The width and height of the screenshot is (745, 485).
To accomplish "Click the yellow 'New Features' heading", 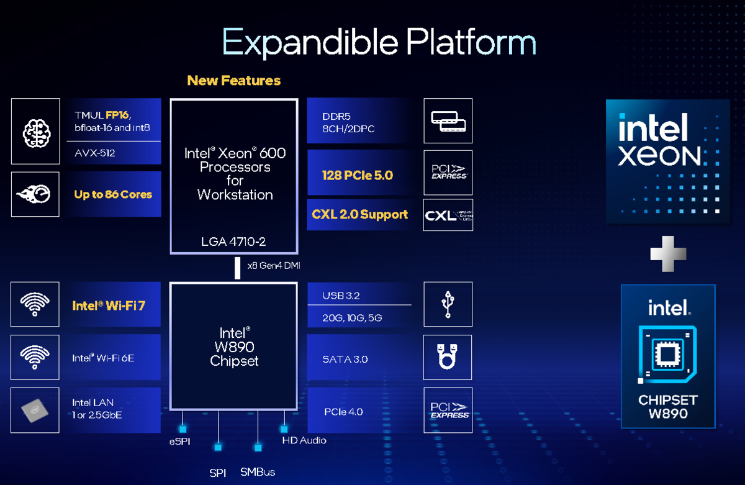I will (233, 81).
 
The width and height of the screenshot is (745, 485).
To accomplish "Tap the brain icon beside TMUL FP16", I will (35, 131).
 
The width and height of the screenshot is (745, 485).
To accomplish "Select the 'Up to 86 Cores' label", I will (113, 194).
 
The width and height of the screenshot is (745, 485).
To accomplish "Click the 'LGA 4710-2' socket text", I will (233, 241).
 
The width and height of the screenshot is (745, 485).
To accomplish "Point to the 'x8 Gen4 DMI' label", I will (274, 266).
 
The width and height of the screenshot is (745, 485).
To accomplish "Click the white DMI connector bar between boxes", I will (237, 268).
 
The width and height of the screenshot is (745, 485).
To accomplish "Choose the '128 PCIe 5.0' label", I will (358, 175).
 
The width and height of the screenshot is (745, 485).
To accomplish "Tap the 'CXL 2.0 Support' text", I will (360, 214).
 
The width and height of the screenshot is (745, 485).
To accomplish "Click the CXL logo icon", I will (448, 215).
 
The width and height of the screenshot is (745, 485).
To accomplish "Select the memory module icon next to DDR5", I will (448, 121).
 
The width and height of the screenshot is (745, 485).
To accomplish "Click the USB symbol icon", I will (448, 304).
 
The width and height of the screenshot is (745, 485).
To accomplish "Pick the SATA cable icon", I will (448, 357).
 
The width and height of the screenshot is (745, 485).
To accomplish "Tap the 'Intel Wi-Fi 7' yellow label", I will (109, 305).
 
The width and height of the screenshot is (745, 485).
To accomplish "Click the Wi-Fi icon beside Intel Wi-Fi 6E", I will (35, 357).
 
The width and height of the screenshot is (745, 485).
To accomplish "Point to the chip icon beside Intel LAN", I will (35, 410).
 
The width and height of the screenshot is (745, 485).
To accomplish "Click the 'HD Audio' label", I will (304, 440).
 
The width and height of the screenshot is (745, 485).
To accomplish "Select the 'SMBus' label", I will (258, 473).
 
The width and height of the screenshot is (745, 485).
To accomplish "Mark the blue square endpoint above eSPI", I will (183, 428).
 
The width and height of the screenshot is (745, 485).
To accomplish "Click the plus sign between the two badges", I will (668, 253).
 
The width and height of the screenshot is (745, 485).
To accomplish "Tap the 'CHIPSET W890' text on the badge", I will (668, 406).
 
